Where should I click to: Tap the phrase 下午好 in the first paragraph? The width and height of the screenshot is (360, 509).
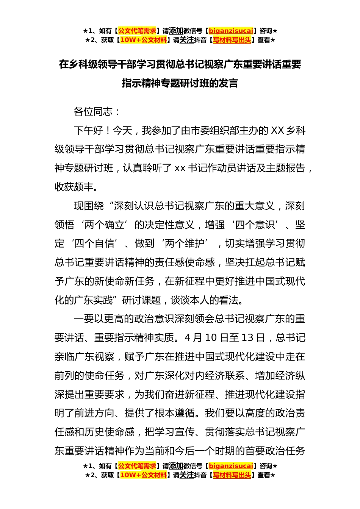[x=88, y=131]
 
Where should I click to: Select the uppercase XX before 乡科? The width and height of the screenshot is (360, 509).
[x=278, y=131]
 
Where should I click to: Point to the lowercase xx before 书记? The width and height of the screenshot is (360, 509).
[x=180, y=168]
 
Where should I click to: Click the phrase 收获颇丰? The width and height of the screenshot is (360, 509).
[x=74, y=187]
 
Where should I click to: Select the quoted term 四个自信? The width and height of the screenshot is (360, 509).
[x=94, y=244]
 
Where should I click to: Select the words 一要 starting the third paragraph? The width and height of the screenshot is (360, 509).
[x=83, y=319]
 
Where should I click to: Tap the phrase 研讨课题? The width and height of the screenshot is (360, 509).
[x=142, y=300]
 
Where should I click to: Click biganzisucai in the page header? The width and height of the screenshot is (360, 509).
[x=231, y=31]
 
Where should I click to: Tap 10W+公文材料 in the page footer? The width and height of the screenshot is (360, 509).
[x=143, y=475]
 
